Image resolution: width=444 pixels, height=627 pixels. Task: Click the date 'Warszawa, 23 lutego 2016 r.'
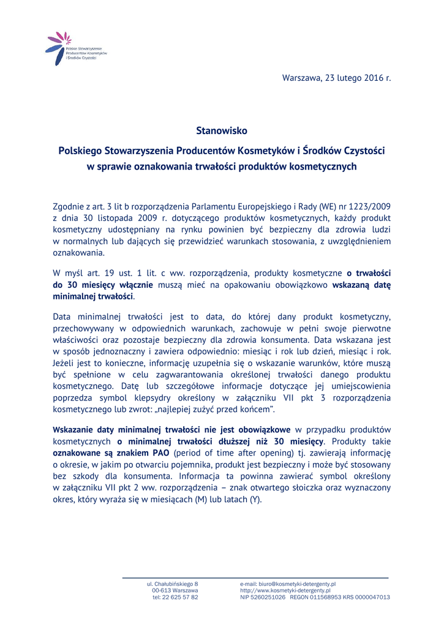(x=336, y=78)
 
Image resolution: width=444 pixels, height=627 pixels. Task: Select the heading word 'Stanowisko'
(x=222, y=130)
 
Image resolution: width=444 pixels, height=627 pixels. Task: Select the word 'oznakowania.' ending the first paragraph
(x=79, y=252)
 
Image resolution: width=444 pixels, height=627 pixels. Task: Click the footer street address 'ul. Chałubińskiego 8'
(x=172, y=584)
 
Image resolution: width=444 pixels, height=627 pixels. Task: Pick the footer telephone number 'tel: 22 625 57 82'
(x=175, y=597)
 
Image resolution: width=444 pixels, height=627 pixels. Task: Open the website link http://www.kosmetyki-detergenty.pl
(x=285, y=590)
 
